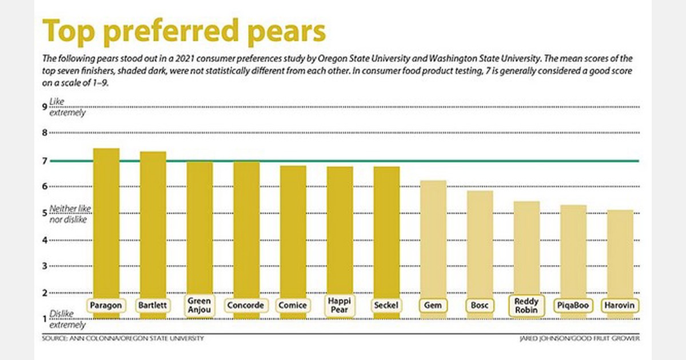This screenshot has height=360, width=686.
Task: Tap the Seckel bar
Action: pyautogui.click(x=386, y=231)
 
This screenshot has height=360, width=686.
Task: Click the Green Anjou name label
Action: pyautogui.click(x=199, y=306)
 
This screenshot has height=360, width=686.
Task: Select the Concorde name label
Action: pyautogui.click(x=246, y=306)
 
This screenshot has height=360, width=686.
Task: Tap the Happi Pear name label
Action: pyautogui.click(x=340, y=306)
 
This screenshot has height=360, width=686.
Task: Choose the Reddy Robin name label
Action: pyautogui.click(x=527, y=306)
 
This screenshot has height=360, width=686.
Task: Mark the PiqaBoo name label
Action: pyautogui.click(x=573, y=306)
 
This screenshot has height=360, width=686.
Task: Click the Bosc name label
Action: pyautogui.click(x=480, y=306)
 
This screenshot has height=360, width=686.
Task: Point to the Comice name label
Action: pyautogui.click(x=293, y=306)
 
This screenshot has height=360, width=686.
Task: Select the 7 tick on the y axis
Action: pyautogui.click(x=45, y=161)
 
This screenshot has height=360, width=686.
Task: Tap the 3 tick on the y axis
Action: pyautogui.click(x=45, y=266)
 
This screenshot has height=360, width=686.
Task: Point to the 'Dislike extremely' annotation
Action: pyautogui.click(x=67, y=319)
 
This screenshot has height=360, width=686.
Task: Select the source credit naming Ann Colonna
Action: pyautogui.click(x=122, y=338)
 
